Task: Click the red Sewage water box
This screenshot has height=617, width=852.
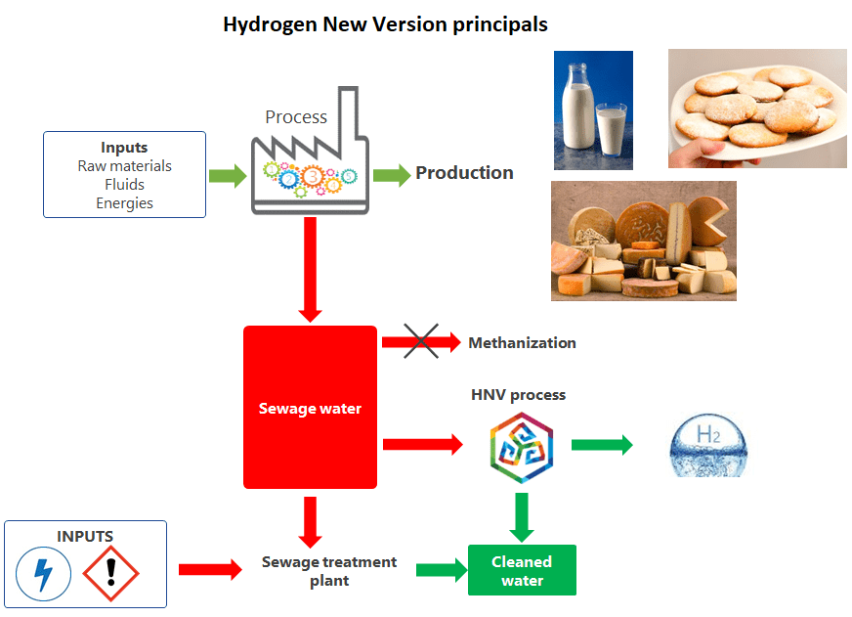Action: [x=310, y=408]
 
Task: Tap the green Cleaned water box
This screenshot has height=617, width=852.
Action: [x=522, y=571]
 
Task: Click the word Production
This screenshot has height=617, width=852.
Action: [x=464, y=173]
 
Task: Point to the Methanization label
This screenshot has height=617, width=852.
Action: [x=522, y=343]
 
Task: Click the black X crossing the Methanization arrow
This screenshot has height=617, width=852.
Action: [x=421, y=341]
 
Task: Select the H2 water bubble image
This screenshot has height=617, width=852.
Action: [x=707, y=445]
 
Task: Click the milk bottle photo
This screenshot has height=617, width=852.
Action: [x=593, y=110]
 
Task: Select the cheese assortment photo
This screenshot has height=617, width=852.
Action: [x=643, y=241]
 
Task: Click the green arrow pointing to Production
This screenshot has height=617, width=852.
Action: [x=392, y=175]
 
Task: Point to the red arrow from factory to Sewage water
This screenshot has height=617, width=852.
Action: [x=310, y=269]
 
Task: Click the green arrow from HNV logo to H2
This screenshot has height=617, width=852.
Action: [x=601, y=445]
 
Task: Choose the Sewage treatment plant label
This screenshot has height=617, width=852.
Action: [x=329, y=571]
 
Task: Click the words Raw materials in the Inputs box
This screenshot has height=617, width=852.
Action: [x=124, y=166]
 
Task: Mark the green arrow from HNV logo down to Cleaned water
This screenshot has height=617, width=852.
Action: [x=522, y=516]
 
